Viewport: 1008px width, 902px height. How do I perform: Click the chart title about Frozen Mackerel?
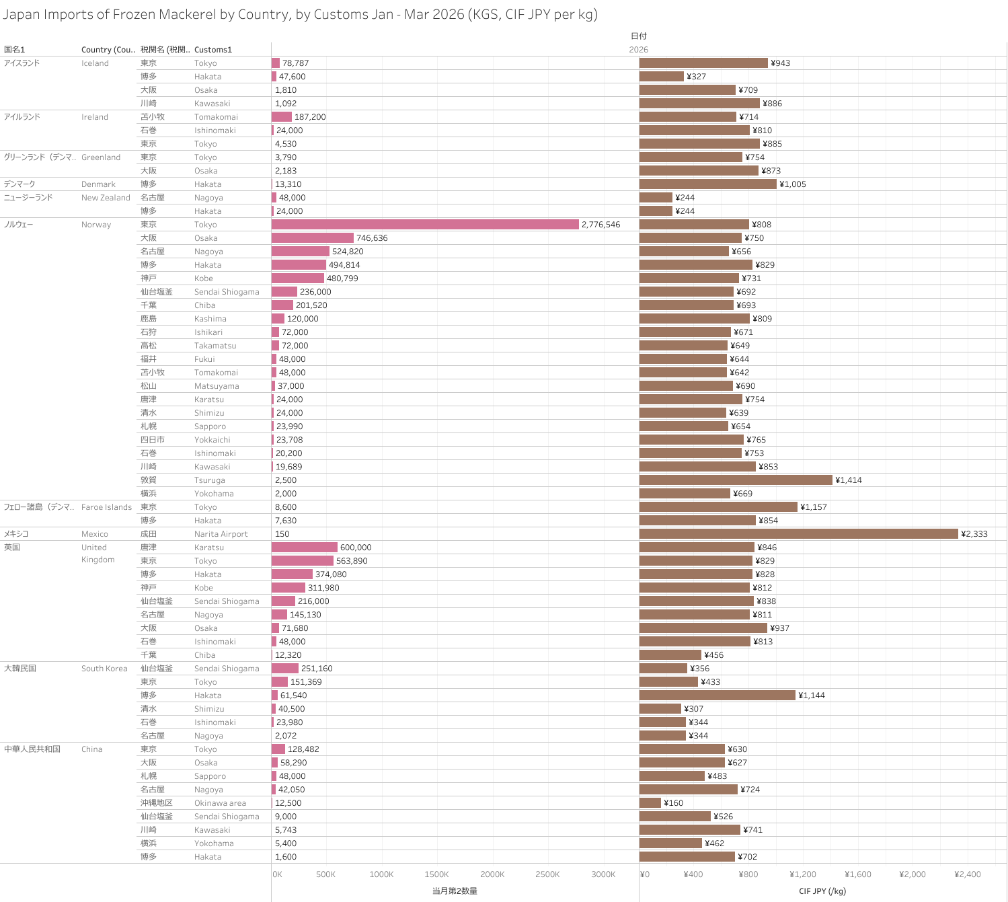click(x=300, y=14)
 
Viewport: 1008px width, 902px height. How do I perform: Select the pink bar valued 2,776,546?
click(x=425, y=225)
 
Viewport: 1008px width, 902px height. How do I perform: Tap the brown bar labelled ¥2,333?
click(x=798, y=534)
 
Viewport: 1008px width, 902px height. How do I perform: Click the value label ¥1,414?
click(x=848, y=480)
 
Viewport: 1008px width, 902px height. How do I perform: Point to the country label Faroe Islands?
click(x=106, y=507)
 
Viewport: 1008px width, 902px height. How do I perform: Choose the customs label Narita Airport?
click(x=221, y=534)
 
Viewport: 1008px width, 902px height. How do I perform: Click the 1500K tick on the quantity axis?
click(x=436, y=874)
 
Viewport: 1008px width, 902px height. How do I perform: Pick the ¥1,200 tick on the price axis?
click(x=802, y=874)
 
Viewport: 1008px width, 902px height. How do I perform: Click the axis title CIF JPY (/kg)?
click(x=822, y=891)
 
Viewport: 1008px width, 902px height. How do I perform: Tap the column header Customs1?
click(x=212, y=50)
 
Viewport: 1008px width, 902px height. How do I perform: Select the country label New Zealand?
click(x=106, y=198)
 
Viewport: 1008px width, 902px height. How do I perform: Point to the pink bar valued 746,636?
click(x=313, y=238)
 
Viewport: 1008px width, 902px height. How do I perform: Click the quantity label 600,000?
click(x=356, y=548)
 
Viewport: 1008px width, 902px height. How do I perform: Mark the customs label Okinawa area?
click(x=220, y=803)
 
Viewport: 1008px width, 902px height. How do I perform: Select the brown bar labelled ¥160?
click(x=650, y=803)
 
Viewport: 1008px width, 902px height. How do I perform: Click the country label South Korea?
click(x=104, y=669)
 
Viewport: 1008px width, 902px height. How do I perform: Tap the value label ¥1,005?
click(x=792, y=184)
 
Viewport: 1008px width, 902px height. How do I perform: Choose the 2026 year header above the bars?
click(x=638, y=50)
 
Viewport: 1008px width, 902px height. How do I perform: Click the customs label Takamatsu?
click(x=215, y=346)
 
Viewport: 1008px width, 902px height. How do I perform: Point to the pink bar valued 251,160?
click(x=285, y=669)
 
